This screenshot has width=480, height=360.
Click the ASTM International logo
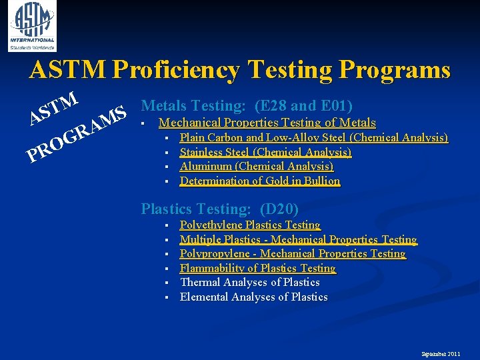click(32, 25)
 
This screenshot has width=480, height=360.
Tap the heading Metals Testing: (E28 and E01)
click(247, 105)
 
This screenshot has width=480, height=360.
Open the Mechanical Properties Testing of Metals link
click(267, 123)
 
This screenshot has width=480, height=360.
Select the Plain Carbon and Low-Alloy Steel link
click(313, 138)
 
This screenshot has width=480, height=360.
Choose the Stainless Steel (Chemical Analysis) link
click(265, 152)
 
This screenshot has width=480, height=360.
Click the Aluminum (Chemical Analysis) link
click(257, 167)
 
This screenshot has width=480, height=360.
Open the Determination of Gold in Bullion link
click(260, 181)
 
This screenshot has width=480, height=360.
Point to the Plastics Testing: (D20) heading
click(219, 209)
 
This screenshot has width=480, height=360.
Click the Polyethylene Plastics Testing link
click(250, 225)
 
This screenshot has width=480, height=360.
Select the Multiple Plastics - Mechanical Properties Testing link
click(298, 239)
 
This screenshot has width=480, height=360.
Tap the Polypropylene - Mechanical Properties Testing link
click(293, 254)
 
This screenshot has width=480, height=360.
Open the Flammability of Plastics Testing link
click(258, 268)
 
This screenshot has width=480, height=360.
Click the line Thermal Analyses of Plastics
click(250, 283)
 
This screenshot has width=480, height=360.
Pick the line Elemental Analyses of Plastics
click(253, 297)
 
